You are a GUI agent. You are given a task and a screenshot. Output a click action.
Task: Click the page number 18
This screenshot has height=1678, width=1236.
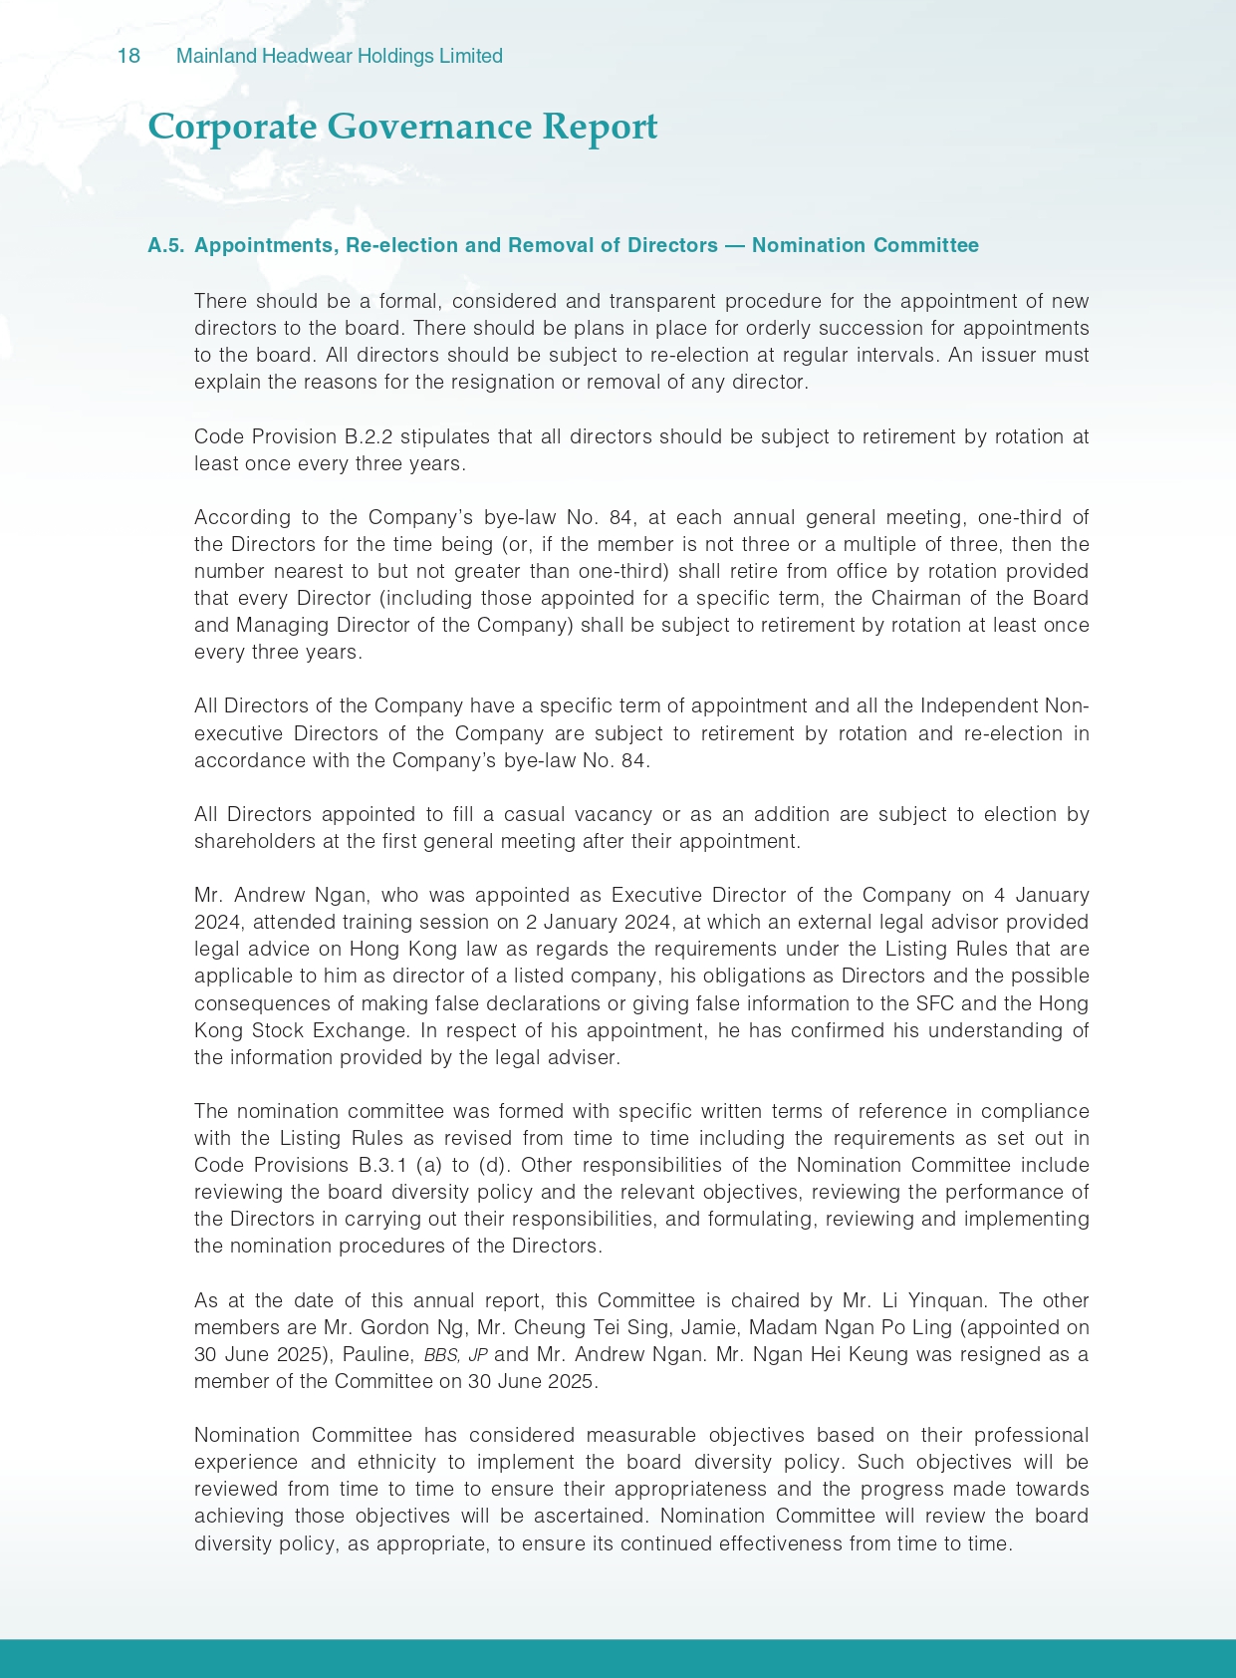pos(128,57)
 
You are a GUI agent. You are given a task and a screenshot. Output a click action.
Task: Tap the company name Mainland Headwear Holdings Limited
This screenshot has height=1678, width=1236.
pos(339,57)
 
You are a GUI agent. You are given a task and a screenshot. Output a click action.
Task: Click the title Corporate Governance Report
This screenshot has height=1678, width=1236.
pos(402,128)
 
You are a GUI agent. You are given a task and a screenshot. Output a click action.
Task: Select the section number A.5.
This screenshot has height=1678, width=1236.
pos(165,246)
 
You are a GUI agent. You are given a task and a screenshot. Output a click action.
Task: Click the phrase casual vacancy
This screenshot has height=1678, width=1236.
pos(578,814)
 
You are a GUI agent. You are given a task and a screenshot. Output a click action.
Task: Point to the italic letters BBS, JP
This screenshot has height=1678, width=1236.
pos(455,1355)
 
